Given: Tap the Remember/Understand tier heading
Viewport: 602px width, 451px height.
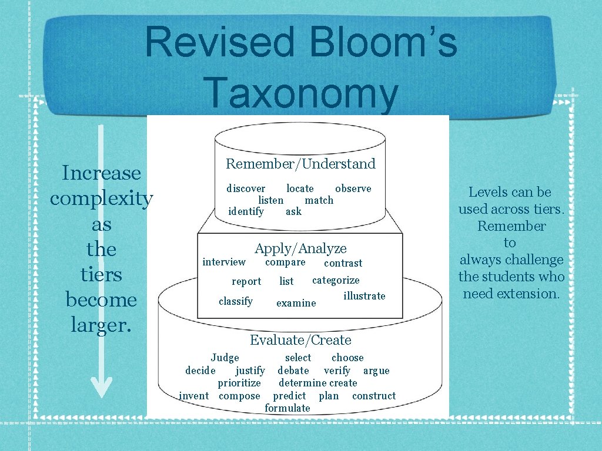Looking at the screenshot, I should [x=300, y=164].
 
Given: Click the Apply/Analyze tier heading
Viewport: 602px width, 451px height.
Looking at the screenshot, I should [x=300, y=248].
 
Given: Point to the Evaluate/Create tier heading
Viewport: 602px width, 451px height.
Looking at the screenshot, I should [x=300, y=340].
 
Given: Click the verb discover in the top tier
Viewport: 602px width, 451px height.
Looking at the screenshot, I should [x=246, y=189].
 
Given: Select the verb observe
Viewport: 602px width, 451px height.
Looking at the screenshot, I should [x=353, y=189].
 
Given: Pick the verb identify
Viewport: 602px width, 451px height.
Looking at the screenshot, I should [x=246, y=211].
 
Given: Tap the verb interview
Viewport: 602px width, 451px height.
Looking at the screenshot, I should [x=224, y=262].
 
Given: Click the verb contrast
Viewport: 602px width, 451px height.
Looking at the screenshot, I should [x=343, y=263].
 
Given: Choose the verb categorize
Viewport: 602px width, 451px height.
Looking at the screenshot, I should [x=336, y=280].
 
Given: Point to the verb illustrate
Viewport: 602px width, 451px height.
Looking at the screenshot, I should [x=364, y=296].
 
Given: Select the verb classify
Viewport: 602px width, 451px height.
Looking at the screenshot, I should [x=235, y=301].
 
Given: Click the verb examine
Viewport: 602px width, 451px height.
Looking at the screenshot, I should [x=296, y=303].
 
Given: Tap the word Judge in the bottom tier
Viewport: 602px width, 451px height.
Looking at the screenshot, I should [x=225, y=358].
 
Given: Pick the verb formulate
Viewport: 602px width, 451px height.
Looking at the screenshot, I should [x=287, y=408].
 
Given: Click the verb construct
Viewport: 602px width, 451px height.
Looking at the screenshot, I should [x=374, y=396].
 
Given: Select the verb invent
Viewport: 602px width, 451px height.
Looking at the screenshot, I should [x=193, y=396].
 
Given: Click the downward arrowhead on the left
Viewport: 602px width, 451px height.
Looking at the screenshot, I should [x=101, y=386].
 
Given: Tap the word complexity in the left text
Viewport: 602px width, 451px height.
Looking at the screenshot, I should [x=101, y=198].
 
